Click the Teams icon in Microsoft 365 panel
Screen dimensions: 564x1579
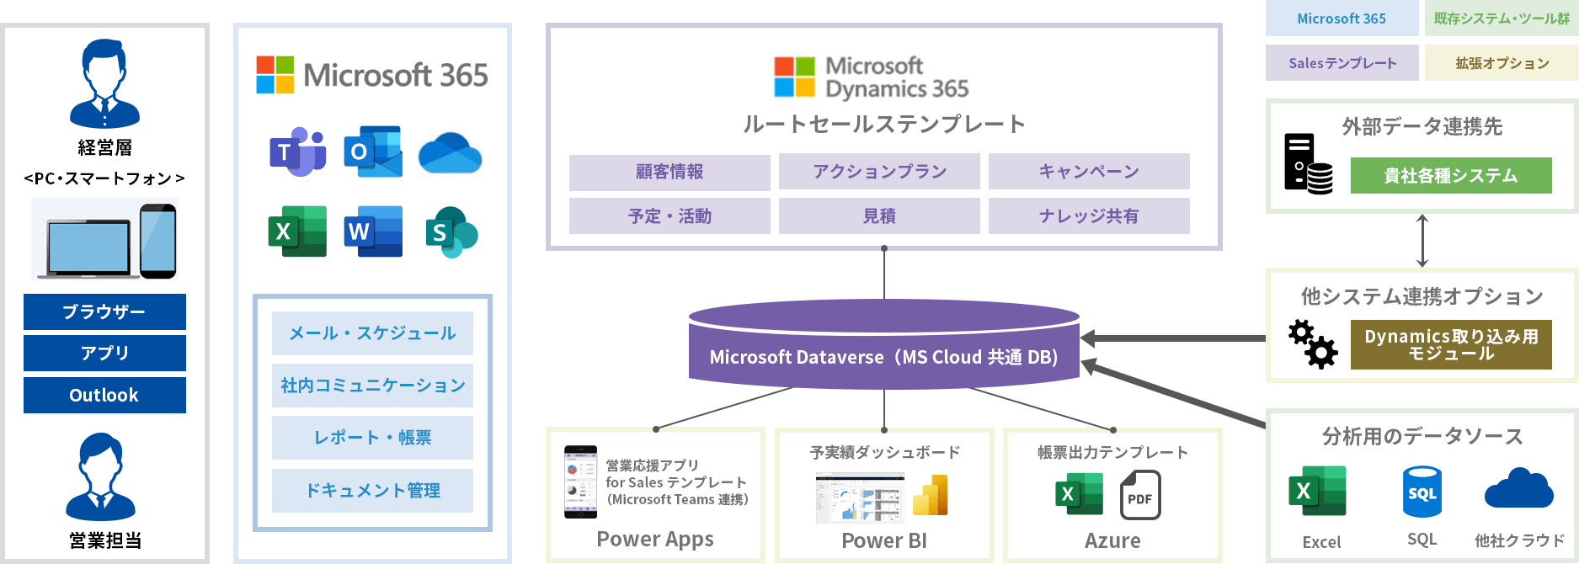pyautogui.click(x=297, y=152)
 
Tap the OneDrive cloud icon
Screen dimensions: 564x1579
pyautogui.click(x=450, y=153)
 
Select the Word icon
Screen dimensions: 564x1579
pyautogui.click(x=373, y=231)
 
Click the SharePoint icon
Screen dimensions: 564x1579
pyautogui.click(x=450, y=231)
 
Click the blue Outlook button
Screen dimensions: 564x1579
pyautogui.click(x=104, y=396)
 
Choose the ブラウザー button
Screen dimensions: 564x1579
pyautogui.click(x=104, y=311)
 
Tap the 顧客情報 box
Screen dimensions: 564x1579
pyautogui.click(x=669, y=172)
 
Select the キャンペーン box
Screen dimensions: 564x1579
pyautogui.click(x=1088, y=172)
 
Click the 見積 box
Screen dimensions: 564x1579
pyautogui.click(x=879, y=216)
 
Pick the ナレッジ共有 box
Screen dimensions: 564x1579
pyautogui.click(x=1088, y=216)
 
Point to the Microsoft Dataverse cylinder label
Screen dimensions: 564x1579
pyautogui.click(x=883, y=357)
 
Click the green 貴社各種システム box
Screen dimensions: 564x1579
pyautogui.click(x=1450, y=176)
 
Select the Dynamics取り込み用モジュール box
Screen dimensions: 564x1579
pyautogui.click(x=1450, y=344)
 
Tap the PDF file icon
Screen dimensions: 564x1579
pyautogui.click(x=1140, y=495)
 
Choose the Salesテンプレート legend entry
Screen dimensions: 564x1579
pyautogui.click(x=1342, y=63)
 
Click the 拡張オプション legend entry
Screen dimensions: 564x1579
pyautogui.click(x=1502, y=63)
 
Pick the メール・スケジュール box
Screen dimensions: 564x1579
pyautogui.click(x=372, y=333)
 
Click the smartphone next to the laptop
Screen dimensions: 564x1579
pyautogui.click(x=158, y=241)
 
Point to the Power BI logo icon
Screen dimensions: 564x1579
pyautogui.click(x=930, y=495)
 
